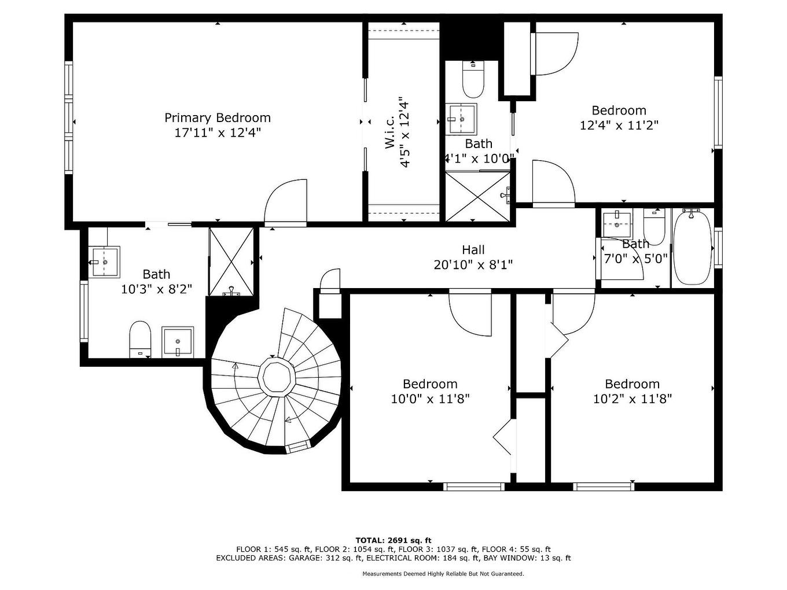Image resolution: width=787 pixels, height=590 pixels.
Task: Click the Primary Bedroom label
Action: [217, 118]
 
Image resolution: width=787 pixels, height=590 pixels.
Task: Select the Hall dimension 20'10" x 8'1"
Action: [473, 265]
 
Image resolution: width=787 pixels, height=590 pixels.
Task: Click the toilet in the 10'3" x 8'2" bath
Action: [140, 338]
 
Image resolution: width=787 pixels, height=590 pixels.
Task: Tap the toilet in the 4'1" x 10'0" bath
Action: [473, 81]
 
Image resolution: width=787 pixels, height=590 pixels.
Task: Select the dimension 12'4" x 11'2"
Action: [619, 125]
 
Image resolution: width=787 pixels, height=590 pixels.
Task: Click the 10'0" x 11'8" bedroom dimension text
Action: [430, 399]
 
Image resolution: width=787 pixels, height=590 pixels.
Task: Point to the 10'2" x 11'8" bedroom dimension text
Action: [632, 399]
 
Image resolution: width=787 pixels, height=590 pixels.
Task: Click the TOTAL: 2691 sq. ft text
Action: [393, 540]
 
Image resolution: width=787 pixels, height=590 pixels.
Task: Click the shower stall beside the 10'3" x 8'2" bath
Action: [231, 261]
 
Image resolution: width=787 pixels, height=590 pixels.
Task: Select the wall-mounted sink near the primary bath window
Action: [105, 261]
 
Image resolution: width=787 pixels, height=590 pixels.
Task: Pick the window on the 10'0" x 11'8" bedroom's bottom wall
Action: [474, 486]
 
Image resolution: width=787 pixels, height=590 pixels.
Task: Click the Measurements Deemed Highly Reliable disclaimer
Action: [443, 574]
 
